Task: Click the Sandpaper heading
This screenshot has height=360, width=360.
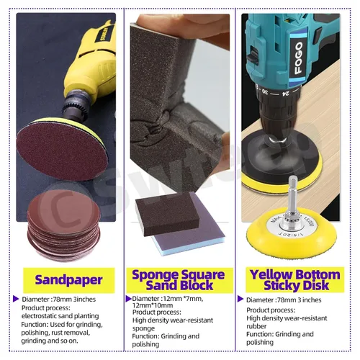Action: click(68, 280)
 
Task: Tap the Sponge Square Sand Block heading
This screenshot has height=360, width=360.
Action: click(179, 280)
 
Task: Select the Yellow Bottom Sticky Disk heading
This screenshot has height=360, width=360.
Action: click(295, 280)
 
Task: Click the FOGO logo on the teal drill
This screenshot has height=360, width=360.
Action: click(298, 58)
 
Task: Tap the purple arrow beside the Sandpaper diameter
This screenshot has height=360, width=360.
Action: click(16, 299)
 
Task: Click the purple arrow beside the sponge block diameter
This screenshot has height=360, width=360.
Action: click(129, 299)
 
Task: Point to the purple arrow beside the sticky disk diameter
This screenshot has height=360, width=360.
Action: click(240, 299)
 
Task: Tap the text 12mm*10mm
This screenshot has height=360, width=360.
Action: click(153, 305)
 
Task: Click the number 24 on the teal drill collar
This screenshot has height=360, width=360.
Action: click(286, 93)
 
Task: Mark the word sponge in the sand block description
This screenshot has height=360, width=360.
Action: click(143, 328)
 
